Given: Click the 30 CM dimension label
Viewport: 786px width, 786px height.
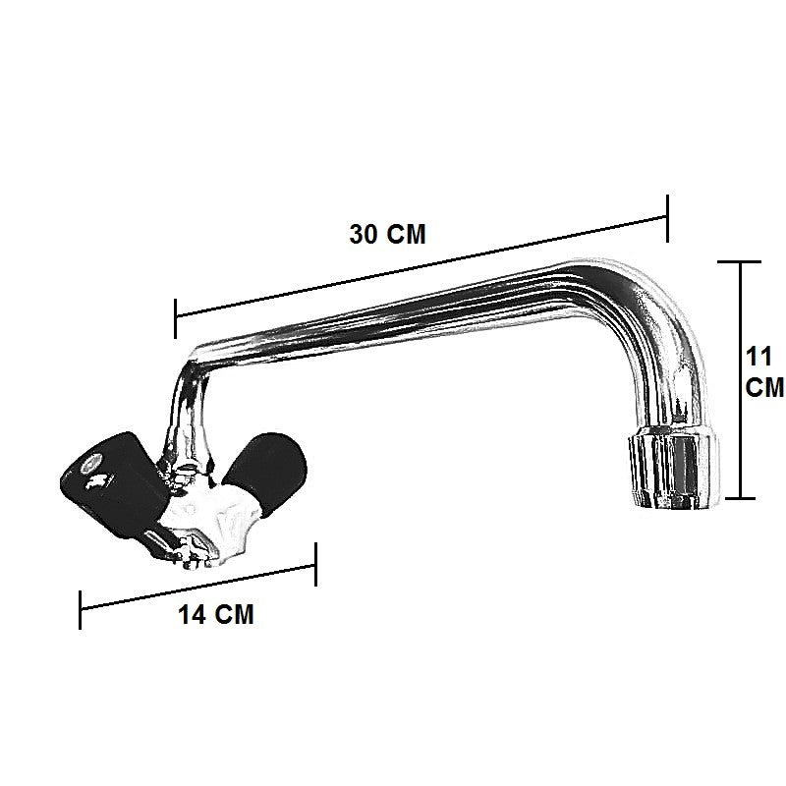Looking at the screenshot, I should (x=388, y=236).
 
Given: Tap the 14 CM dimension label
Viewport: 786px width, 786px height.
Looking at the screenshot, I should (x=216, y=616).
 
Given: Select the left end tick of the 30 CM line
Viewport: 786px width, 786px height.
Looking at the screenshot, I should (x=175, y=316).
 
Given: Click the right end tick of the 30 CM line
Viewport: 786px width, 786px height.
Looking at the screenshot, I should (x=668, y=216).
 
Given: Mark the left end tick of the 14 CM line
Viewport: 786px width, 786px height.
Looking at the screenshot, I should (x=81, y=609).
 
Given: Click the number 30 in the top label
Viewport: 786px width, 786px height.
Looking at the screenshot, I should (x=364, y=236).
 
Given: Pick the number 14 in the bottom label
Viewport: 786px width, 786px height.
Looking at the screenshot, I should (x=194, y=616).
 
